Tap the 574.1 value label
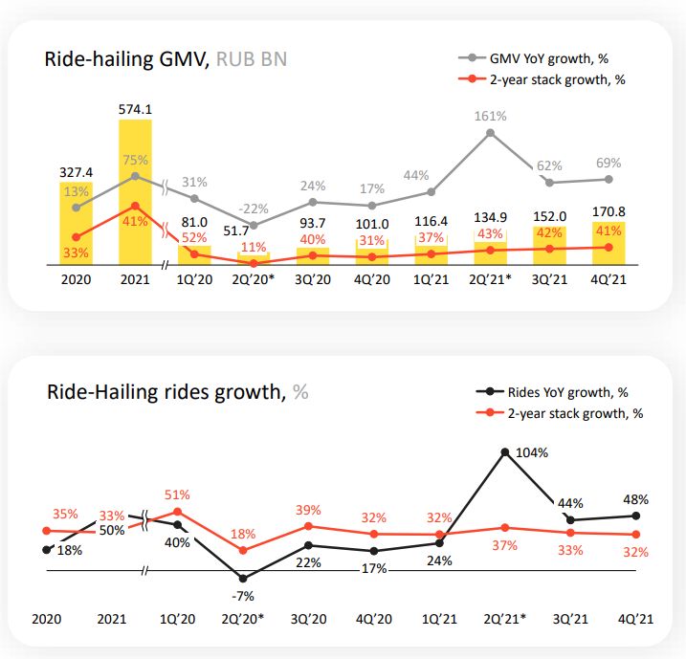pyautogui.click(x=135, y=109)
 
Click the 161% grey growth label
pyautogui.click(x=491, y=116)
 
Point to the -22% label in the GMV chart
pyautogui.click(x=254, y=209)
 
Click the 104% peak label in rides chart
pyautogui.click(x=532, y=451)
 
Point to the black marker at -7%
pyautogui.click(x=244, y=579)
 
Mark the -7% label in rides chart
pyautogui.click(x=244, y=597)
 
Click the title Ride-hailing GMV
pyautogui.click(x=127, y=59)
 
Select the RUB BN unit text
pyautogui.click(x=252, y=59)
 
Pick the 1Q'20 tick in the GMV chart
pyautogui.click(x=194, y=281)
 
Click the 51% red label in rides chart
pyautogui.click(x=177, y=494)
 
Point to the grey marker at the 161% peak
pyautogui.click(x=491, y=133)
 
